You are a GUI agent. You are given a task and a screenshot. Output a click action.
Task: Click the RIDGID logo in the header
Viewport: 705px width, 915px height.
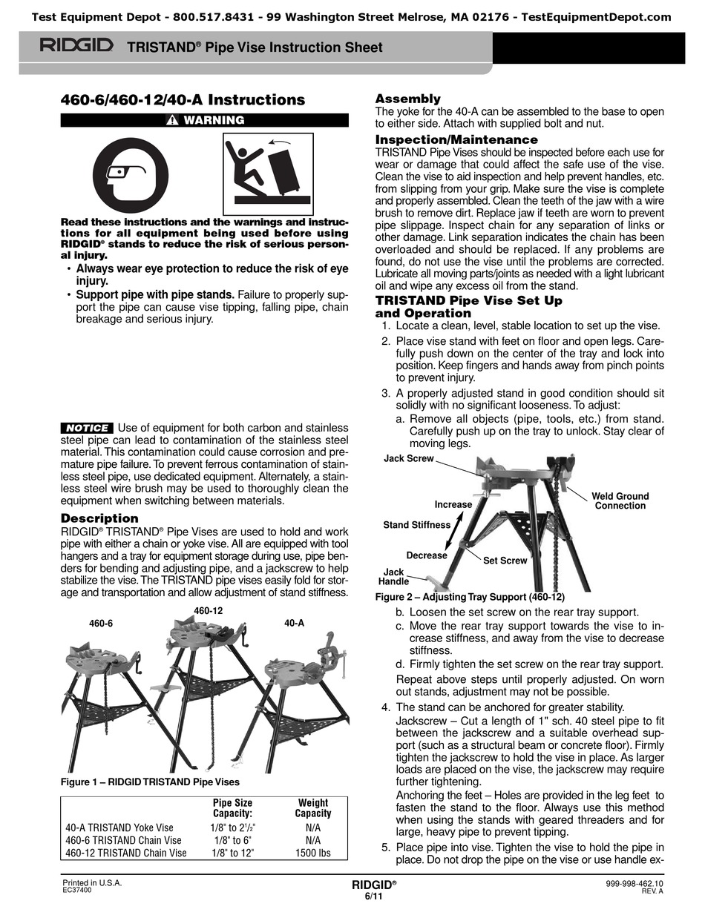coord(76,47)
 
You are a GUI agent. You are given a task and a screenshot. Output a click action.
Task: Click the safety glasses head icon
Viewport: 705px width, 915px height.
coord(135,176)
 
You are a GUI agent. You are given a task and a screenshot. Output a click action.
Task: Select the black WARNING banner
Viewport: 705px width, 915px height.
coord(204,120)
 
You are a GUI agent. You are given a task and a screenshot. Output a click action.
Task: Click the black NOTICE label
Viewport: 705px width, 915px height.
coord(88,428)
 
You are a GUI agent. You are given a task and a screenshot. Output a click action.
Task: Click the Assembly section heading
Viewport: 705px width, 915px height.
coord(407,99)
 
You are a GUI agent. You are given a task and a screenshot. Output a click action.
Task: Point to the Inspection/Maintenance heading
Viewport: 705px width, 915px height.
coord(456,139)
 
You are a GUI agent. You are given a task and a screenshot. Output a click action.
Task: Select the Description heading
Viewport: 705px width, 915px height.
coord(99,518)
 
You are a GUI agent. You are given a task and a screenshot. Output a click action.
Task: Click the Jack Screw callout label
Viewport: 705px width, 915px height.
coord(408,459)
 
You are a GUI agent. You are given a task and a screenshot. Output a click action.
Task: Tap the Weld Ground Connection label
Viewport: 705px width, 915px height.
coord(620,501)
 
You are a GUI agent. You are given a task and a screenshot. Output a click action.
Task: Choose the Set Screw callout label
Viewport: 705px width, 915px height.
coord(505,561)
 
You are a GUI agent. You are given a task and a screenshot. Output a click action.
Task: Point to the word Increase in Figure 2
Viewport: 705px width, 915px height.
coord(453,504)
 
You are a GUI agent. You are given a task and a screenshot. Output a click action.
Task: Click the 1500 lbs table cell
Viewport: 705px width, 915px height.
coord(312,853)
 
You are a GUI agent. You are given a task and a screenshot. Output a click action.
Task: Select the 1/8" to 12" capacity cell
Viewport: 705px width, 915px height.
coord(232,853)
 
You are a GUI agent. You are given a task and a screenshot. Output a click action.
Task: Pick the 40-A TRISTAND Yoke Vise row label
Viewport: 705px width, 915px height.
coord(119,828)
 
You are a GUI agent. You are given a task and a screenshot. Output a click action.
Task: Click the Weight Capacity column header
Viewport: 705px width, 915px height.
coord(312,807)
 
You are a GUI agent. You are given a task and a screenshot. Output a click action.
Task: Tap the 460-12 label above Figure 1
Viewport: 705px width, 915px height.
coord(209,610)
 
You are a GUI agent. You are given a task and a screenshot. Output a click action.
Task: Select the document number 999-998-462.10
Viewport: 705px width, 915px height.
coord(634,884)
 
